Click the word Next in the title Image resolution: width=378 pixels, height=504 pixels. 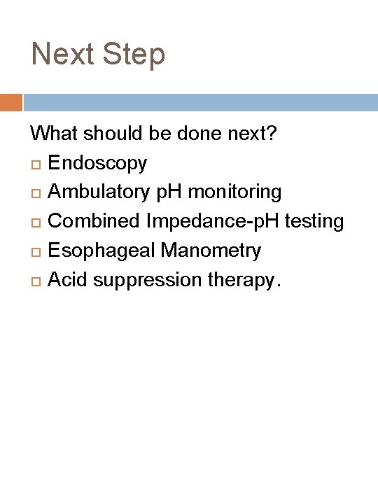click(62, 55)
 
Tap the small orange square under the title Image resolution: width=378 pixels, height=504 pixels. click(10, 102)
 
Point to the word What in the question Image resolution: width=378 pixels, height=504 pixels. click(54, 133)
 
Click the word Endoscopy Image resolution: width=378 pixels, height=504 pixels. click(97, 163)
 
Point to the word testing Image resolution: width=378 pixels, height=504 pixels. click(313, 221)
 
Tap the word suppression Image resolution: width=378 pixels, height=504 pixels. click(148, 280)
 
